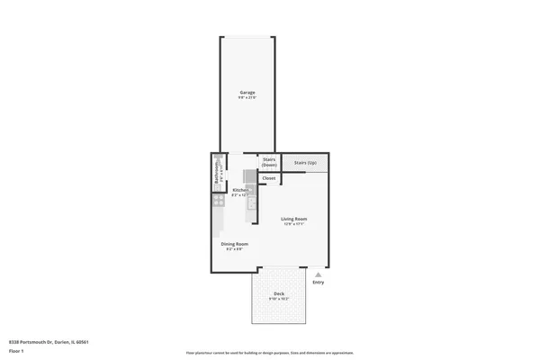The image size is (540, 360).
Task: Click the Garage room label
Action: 247,93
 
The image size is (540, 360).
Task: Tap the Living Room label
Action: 294,219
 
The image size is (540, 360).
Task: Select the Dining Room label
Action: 235,244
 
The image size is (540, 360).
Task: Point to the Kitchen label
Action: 240,190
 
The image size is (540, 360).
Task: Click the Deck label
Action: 280,294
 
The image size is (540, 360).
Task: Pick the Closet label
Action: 268,178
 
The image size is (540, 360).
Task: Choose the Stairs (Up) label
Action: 304,163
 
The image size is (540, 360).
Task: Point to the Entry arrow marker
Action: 317,274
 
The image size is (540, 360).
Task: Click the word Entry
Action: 318,283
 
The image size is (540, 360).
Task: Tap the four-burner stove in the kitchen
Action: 219,202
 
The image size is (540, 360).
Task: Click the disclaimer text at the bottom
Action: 270,354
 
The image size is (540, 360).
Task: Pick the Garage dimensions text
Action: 247,98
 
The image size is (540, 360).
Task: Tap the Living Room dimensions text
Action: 294,224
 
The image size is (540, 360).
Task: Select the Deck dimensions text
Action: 280,300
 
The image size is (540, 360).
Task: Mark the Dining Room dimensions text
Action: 235,249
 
